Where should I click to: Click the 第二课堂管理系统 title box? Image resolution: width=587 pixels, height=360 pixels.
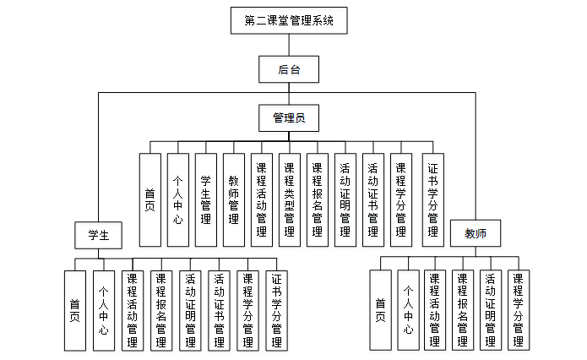289,20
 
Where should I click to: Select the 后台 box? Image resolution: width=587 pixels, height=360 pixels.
289,69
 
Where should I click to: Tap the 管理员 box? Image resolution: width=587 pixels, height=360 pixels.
289,117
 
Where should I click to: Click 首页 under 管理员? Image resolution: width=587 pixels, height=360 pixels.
149,199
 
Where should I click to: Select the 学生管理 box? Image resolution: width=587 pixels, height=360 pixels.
205,199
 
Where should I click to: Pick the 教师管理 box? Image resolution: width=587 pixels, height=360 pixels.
233,199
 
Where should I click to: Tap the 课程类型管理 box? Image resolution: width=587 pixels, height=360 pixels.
289,199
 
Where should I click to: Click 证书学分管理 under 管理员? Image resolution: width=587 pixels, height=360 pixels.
433,199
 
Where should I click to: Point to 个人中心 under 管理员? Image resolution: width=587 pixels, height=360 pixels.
177,199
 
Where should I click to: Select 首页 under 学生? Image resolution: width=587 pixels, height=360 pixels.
75,309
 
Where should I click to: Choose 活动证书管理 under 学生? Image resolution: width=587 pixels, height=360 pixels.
219,309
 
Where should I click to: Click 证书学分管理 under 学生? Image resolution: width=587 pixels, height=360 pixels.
277,309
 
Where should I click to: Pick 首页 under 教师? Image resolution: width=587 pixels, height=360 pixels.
380,309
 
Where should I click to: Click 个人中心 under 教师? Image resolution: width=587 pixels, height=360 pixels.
408,309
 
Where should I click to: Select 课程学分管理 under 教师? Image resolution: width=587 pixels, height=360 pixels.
518,309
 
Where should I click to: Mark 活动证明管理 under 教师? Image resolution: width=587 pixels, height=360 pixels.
490,309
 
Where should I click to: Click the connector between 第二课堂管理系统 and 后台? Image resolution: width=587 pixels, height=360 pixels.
289,45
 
